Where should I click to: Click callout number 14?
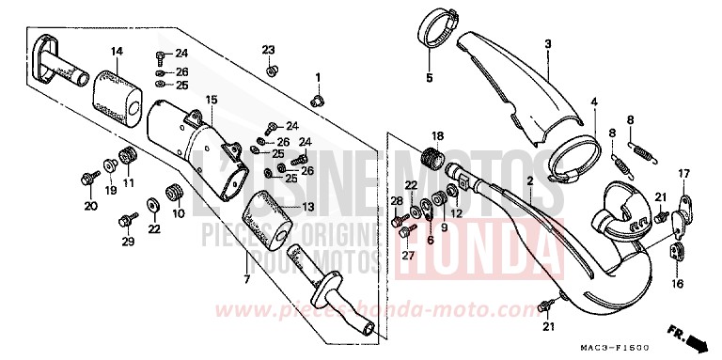(117, 50)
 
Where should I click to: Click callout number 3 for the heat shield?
(546, 44)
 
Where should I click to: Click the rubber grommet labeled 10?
(173, 192)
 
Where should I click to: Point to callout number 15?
(212, 99)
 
